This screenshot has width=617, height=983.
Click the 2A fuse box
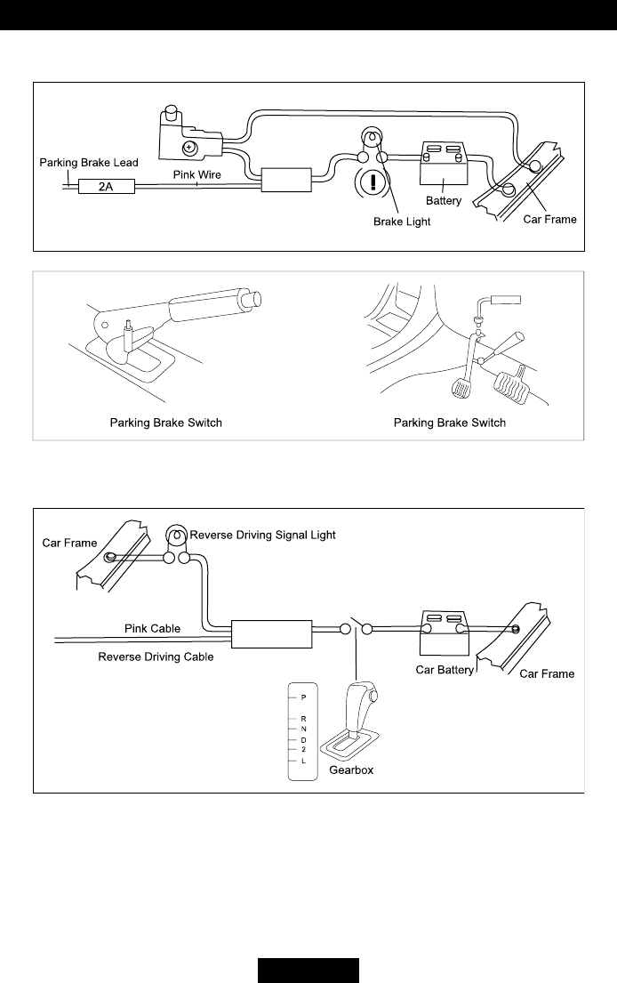pyautogui.click(x=105, y=187)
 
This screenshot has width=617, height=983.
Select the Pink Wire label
pyautogui.click(x=196, y=174)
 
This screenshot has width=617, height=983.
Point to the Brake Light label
pyautogui.click(x=401, y=222)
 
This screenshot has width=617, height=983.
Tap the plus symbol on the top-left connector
pyautogui.click(x=188, y=147)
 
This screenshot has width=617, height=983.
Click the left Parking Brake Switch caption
pyautogui.click(x=166, y=423)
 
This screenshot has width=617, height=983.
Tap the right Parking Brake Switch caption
pyautogui.click(x=450, y=423)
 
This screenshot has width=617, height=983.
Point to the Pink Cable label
pyautogui.click(x=151, y=628)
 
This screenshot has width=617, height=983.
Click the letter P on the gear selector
pyautogui.click(x=304, y=697)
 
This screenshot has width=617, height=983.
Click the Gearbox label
pyautogui.click(x=351, y=770)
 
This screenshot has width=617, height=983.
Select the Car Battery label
pyautogui.click(x=445, y=669)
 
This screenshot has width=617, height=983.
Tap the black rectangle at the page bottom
pyautogui.click(x=308, y=970)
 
